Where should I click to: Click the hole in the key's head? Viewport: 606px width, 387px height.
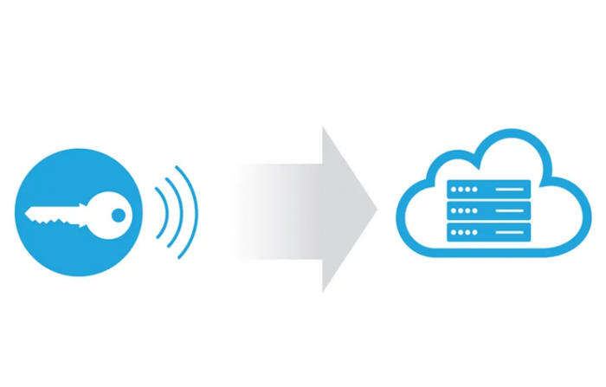click(119, 214)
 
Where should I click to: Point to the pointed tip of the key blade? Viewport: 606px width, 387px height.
click(27, 211)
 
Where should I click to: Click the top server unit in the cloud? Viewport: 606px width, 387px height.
click(488, 190)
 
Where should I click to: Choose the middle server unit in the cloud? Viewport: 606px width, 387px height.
click(488, 211)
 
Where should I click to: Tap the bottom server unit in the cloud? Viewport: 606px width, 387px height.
click(488, 233)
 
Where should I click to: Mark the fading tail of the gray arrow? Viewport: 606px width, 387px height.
click(251, 210)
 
